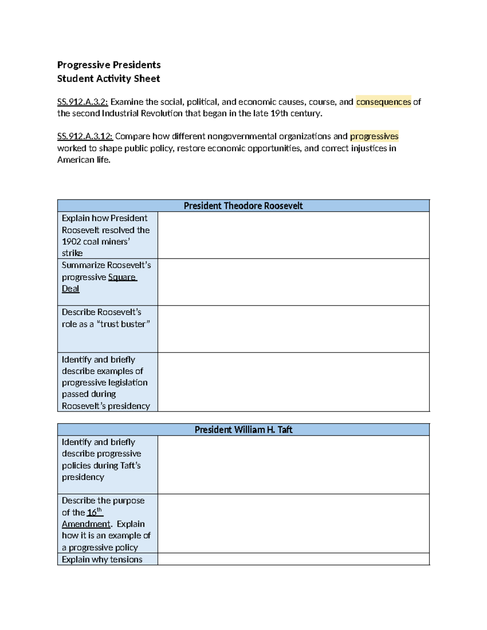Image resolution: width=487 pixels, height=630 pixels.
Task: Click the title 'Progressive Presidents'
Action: coord(109,65)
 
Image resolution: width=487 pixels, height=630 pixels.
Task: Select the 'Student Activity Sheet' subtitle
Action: coord(108,79)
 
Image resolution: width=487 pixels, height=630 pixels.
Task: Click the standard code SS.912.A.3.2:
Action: coord(82,102)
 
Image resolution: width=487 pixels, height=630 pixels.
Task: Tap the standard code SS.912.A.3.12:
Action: coord(85,136)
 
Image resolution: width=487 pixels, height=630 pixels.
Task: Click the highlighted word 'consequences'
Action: coord(384,102)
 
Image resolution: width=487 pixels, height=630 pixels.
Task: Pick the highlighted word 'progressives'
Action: coord(374,136)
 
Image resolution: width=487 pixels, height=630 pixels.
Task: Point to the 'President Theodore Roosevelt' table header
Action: coord(243,206)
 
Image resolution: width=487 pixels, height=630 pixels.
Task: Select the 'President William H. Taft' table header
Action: coord(243,430)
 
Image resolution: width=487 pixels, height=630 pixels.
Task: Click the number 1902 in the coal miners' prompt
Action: coord(71,242)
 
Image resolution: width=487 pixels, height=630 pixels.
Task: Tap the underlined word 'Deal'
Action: coord(70,289)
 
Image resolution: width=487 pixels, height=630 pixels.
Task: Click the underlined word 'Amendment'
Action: coord(86,524)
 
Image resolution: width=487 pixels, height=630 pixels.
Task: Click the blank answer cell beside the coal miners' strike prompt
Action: coord(293,235)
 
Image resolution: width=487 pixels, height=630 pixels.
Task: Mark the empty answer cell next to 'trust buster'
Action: coord(293,329)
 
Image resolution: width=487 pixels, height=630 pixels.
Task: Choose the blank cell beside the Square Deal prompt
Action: coord(293,282)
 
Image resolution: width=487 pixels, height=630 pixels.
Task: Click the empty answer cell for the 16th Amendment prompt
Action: coord(293,523)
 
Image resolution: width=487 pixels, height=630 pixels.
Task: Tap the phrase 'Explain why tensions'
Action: coord(102,559)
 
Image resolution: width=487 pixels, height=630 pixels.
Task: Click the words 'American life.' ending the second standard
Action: coord(84,160)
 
